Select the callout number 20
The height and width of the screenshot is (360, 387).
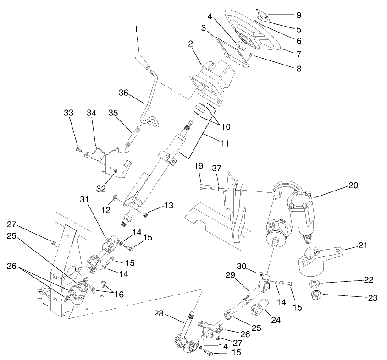tap(353, 185)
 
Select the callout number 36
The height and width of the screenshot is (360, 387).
tap(122, 92)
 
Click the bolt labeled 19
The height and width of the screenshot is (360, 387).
tap(208, 187)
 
